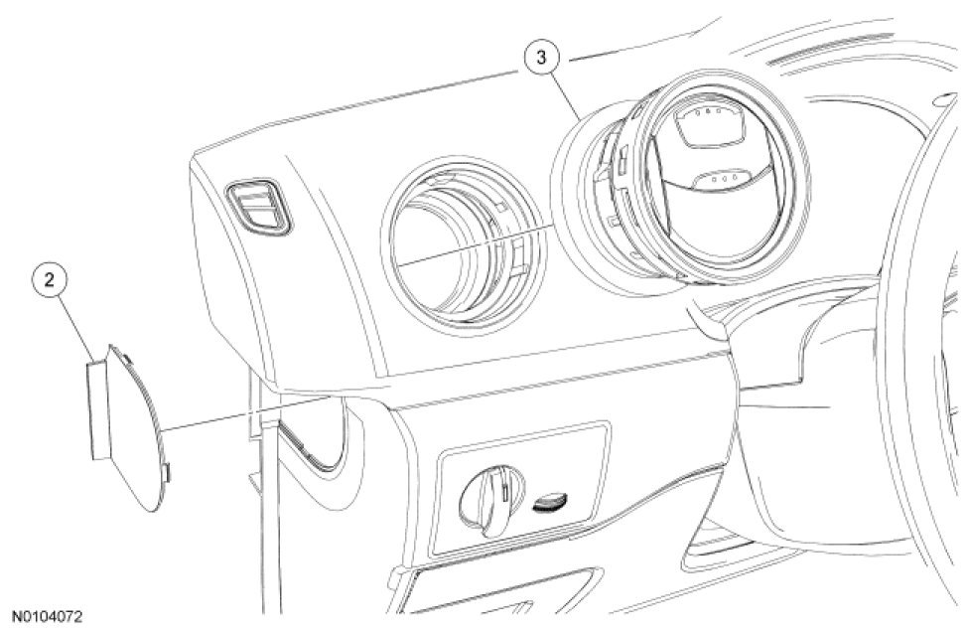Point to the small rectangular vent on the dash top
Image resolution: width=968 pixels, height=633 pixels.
click(x=260, y=208)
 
